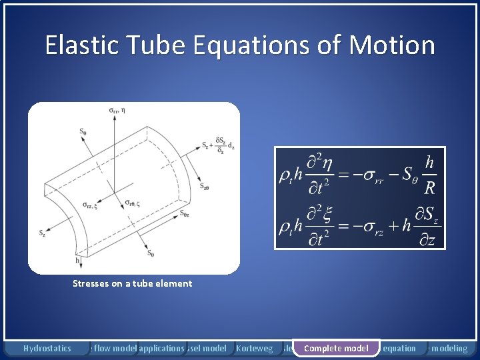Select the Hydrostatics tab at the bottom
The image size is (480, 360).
pos(47,348)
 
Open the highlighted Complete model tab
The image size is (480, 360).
pos(336,348)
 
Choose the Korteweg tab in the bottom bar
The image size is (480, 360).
pos(255,348)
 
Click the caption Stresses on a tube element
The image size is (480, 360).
pos(132,283)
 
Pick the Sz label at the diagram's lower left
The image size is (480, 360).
pos(42,233)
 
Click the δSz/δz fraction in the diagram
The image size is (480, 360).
pos(219,146)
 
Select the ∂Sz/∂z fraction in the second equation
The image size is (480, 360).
pos(426,227)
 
